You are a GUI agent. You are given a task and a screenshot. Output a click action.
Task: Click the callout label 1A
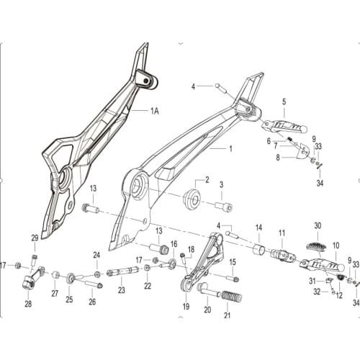pos(154,111)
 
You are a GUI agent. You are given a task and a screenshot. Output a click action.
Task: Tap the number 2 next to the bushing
pos(207,180)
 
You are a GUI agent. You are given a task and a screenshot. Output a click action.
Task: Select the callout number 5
pos(284,102)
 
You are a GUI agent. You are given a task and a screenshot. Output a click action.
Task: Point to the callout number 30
pos(317,225)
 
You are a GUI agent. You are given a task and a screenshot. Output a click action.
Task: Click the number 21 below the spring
pos(228,315)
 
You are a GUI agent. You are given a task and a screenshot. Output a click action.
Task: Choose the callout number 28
pos(28,304)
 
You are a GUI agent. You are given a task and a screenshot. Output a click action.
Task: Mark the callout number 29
pos(34,238)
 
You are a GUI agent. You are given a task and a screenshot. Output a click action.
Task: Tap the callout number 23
pos(122,290)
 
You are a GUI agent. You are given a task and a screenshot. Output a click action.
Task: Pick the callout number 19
pos(186,307)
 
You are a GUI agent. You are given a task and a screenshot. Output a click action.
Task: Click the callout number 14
pos(258,228)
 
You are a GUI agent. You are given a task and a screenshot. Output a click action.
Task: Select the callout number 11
pos(282,232)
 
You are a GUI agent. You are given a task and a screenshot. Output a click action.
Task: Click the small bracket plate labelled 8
pos(303,152)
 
